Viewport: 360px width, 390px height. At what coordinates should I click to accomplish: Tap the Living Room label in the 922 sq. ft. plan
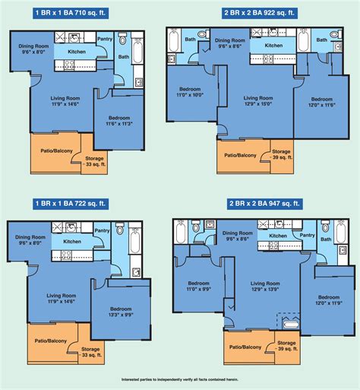[258, 98]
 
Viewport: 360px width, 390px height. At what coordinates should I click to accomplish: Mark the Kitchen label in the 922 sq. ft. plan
[273, 45]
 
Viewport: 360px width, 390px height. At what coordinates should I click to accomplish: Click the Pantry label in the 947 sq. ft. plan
[307, 235]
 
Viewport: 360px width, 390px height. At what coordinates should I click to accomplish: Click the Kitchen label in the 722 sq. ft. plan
[72, 241]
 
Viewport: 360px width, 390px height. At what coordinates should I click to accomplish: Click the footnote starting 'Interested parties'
[180, 379]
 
